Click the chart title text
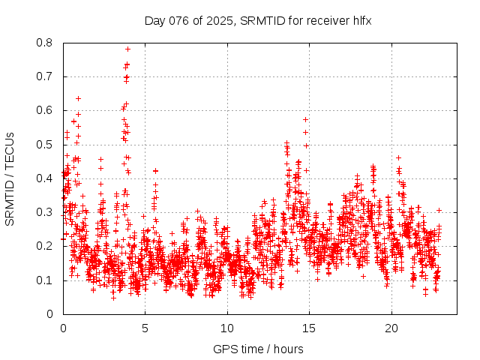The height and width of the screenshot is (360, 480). tap(258, 21)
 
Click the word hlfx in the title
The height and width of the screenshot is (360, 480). tap(361, 21)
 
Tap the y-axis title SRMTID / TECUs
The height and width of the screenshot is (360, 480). tap(10, 178)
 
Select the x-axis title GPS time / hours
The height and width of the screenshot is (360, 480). tap(258, 349)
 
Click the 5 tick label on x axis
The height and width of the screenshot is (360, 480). tap(145, 328)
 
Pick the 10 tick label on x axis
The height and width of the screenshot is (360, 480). tap(227, 328)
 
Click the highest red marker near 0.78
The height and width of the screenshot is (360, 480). tap(128, 49)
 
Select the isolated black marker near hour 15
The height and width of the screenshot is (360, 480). tap(305, 119)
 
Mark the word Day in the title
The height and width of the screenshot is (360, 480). tap(154, 21)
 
